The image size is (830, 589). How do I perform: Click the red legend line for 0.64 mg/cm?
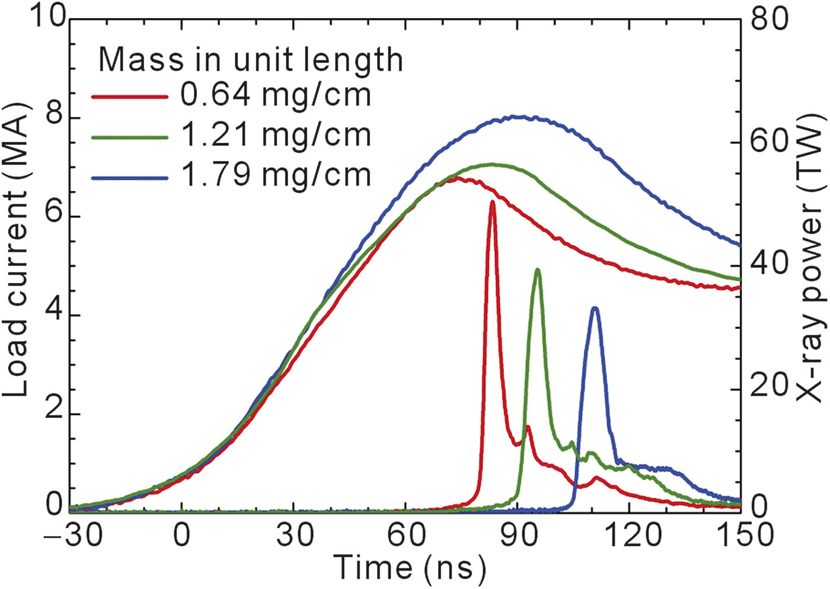(129, 96)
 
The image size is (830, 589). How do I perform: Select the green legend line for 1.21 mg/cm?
(129, 136)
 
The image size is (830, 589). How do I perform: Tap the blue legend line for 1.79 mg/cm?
(129, 177)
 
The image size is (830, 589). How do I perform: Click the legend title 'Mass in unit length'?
(250, 59)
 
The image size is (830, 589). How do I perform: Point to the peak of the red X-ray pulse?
(492, 202)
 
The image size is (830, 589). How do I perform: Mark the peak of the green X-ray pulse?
(538, 270)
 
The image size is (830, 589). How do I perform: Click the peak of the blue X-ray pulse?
(595, 308)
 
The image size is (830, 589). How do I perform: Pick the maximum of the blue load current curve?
(521, 117)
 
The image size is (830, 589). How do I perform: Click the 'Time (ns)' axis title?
(410, 568)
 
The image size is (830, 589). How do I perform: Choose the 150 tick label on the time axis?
(741, 536)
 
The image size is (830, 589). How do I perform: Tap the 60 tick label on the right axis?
(770, 141)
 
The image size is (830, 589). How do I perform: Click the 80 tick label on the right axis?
(770, 18)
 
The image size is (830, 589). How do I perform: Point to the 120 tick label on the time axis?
(630, 536)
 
